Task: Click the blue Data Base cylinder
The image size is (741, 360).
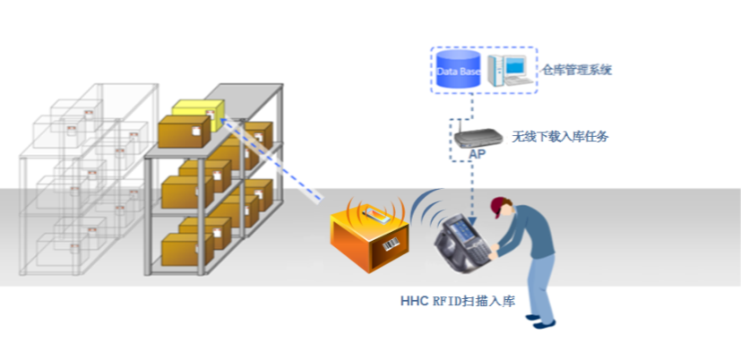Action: (459, 71)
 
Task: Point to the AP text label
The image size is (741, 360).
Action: (478, 156)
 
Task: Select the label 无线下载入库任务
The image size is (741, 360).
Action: (560, 137)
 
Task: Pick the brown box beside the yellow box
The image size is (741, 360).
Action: (184, 132)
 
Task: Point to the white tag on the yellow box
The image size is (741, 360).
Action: (210, 114)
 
